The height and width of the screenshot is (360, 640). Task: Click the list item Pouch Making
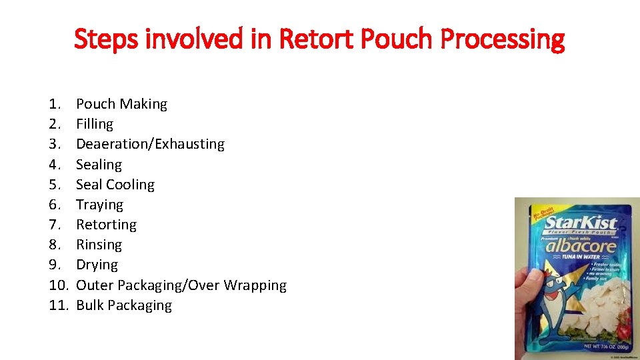(x=121, y=104)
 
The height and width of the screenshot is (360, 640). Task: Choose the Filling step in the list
(x=95, y=124)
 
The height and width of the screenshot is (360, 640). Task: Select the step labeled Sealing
(x=99, y=165)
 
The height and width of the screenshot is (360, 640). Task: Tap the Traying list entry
(x=99, y=205)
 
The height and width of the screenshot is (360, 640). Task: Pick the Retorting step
(x=106, y=225)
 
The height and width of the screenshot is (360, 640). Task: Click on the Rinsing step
(x=99, y=245)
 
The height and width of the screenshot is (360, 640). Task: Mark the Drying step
(x=97, y=265)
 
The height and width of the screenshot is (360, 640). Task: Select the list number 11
(x=58, y=305)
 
